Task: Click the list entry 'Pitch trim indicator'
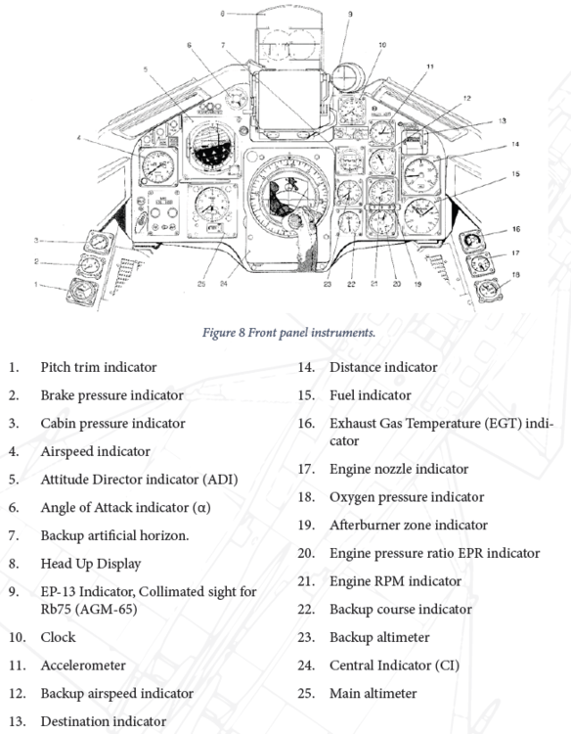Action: [x=97, y=367]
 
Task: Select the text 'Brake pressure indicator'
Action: [x=111, y=395]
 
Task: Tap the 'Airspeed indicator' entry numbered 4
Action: [x=95, y=451]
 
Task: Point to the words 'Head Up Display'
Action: [x=90, y=564]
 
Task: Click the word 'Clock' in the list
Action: [x=58, y=636]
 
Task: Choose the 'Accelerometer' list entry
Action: [x=83, y=665]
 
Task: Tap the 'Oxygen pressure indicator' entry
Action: [x=406, y=497]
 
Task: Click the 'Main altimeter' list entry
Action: [x=373, y=693]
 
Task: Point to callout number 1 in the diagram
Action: [x=35, y=285]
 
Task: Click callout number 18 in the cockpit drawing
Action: [x=516, y=274]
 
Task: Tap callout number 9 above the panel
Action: [x=350, y=14]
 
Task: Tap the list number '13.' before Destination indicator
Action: [x=17, y=721]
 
